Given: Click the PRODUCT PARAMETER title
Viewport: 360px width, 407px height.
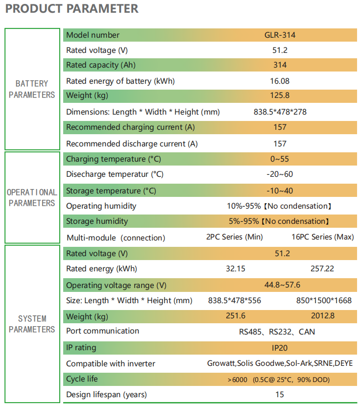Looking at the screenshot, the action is tap(72, 8).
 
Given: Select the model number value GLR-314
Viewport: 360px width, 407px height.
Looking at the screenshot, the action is tap(280, 35).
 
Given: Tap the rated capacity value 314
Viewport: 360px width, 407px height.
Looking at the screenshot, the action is tap(280, 65).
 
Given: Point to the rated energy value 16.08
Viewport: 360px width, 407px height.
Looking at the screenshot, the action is tap(280, 81).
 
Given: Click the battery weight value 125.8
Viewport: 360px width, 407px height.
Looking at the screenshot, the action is tap(280, 96).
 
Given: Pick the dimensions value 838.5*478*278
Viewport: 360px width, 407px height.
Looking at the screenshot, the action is tap(280, 112).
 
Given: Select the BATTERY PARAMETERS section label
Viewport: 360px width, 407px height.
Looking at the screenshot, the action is tap(32, 89).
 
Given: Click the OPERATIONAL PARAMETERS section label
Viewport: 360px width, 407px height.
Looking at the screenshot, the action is tap(32, 197).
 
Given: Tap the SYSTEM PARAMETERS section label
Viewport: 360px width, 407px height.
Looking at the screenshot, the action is tap(32, 324).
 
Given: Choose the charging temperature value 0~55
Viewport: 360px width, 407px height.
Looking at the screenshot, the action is tap(280, 159).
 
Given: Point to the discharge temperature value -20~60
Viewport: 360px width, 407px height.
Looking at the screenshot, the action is tap(280, 174).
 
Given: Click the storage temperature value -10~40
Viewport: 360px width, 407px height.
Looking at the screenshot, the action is tap(280, 191).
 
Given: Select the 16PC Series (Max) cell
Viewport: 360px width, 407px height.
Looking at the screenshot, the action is tap(323, 237).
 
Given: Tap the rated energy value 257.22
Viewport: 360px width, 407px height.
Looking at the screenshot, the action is tap(322, 269).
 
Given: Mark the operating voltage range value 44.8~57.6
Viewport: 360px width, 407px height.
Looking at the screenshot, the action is tap(282, 285).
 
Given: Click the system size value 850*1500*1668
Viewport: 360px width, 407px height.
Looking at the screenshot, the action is tap(324, 301).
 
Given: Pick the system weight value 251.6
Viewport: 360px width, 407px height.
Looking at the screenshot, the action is tap(236, 315).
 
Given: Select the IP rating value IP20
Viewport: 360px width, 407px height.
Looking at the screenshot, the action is tap(280, 348).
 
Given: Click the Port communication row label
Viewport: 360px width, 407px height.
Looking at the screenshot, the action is tap(102, 331).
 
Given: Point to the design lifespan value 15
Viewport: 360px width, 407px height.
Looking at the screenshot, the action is tap(280, 395).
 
